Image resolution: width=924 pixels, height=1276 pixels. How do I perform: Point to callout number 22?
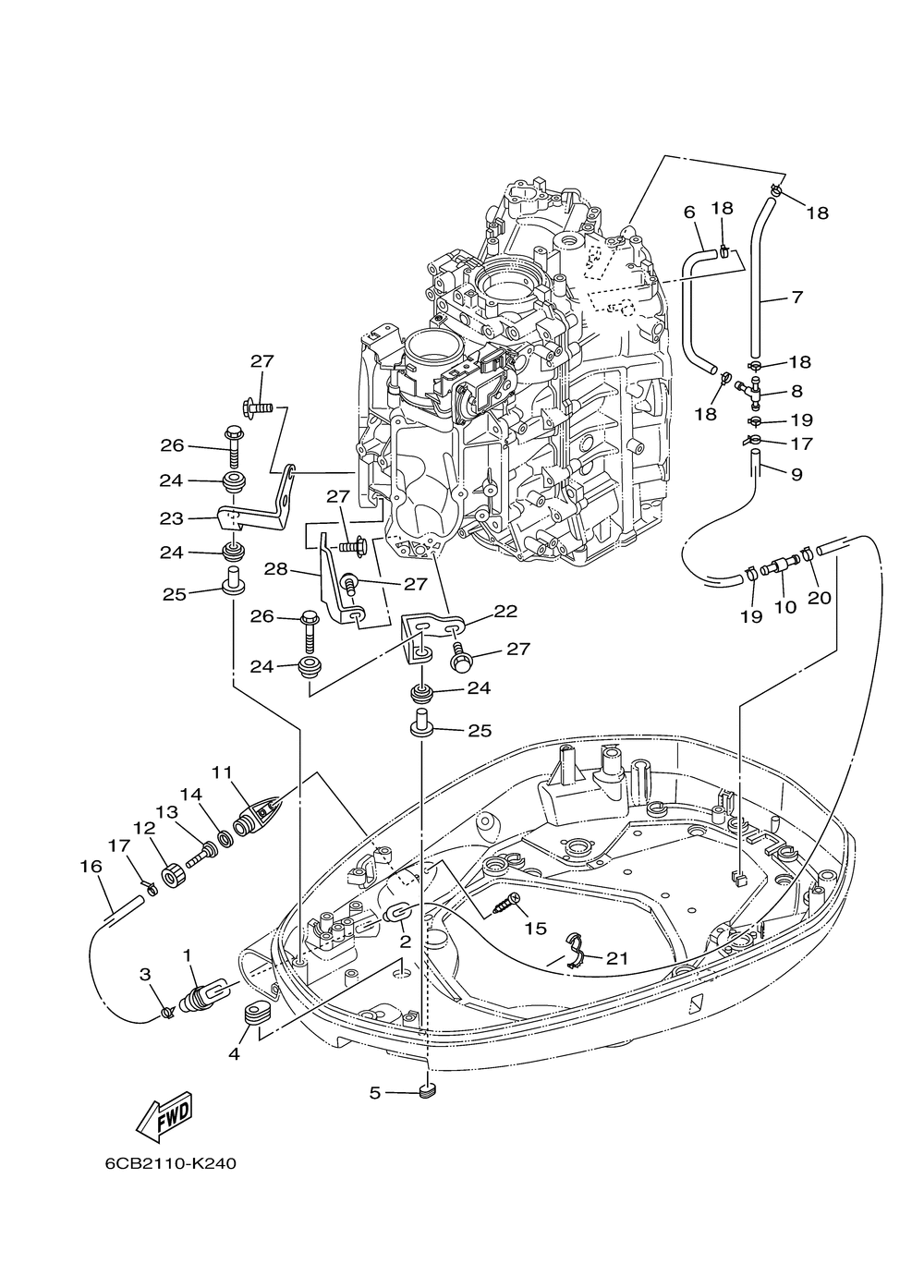pos(505,611)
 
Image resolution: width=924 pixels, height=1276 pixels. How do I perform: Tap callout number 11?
pos(223,773)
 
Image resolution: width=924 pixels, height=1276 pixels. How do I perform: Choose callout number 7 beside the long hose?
pos(797,297)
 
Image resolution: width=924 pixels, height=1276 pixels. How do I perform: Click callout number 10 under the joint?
pos(785,607)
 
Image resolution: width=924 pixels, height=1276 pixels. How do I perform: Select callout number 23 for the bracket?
pos(172,519)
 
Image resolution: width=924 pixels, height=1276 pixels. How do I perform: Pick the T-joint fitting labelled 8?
pos(748,391)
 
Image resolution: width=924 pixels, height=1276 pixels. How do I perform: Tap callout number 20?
pos(820,597)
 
